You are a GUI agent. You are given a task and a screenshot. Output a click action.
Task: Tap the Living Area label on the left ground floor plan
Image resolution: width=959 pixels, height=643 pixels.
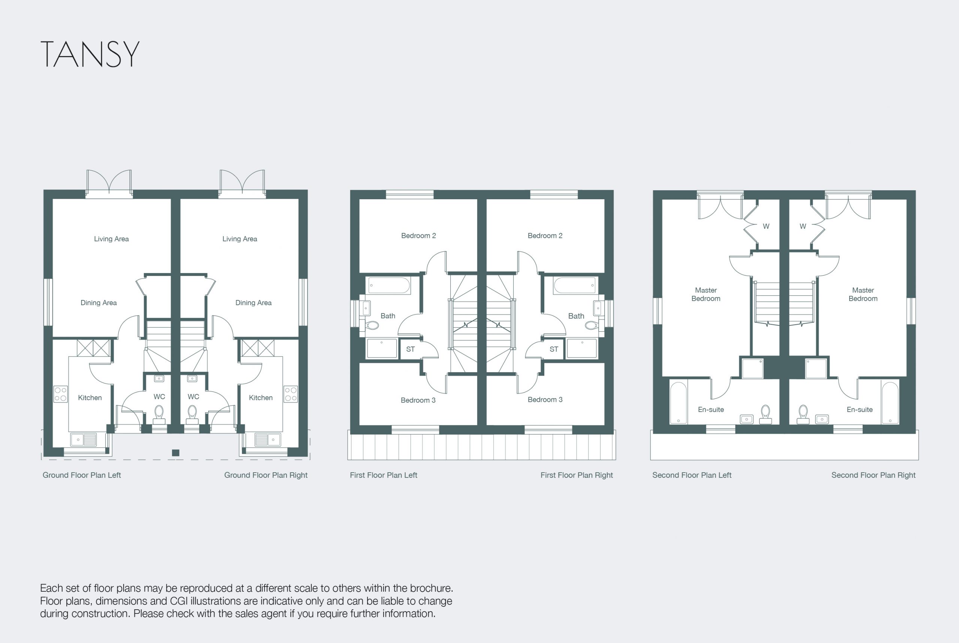111,239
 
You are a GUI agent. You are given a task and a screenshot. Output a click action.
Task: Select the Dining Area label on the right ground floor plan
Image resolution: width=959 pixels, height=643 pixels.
254,303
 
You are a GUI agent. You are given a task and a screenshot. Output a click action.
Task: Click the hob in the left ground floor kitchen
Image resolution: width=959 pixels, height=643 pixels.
61,394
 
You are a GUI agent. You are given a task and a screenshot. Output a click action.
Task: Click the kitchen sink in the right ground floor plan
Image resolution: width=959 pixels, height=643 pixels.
267,440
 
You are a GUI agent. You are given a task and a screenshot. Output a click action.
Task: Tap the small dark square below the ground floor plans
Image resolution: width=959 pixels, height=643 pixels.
176,453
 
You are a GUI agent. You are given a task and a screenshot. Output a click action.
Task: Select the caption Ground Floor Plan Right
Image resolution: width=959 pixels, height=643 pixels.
266,475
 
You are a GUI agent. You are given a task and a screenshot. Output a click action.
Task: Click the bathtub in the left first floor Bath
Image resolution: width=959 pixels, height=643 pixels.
389,285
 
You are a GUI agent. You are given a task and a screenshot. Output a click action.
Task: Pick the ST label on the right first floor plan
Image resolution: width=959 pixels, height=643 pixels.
554,349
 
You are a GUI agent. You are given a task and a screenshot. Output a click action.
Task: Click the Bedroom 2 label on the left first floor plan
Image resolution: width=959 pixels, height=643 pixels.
418,236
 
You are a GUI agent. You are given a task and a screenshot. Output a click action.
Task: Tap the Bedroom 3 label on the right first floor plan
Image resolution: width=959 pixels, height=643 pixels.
545,400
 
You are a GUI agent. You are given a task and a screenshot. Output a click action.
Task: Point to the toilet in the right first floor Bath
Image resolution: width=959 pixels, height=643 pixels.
592,325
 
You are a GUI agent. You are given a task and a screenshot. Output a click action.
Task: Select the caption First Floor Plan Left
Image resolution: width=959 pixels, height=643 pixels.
384,475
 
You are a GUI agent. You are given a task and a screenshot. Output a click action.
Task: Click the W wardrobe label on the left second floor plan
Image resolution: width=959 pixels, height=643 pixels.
766,226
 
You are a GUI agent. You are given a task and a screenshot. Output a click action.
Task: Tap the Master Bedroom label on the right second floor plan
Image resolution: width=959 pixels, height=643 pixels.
863,294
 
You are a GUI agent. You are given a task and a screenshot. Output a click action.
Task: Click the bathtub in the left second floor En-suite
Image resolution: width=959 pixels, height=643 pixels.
678,403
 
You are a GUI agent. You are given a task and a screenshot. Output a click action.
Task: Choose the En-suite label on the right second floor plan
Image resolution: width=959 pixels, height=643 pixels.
860,409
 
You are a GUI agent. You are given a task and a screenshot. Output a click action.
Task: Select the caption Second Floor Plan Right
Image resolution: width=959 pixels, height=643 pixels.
873,475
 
